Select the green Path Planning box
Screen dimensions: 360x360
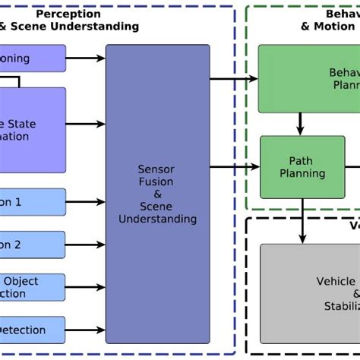(x=302, y=166)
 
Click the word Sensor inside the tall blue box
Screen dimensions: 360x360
(x=156, y=169)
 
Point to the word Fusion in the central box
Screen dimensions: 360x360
(x=156, y=182)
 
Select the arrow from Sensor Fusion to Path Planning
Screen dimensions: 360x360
(x=235, y=167)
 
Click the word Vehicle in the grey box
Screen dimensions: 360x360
(x=336, y=281)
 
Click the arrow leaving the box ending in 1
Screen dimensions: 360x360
(x=86, y=203)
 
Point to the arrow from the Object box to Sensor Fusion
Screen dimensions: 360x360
(x=86, y=287)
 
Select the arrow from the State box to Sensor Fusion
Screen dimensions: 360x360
(x=86, y=124)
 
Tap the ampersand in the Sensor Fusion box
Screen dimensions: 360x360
(x=156, y=194)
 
